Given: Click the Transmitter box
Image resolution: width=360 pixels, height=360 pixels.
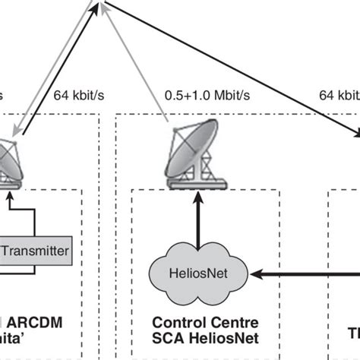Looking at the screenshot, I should [36, 251].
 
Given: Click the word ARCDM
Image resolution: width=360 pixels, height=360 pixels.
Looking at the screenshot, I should [38, 323].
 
